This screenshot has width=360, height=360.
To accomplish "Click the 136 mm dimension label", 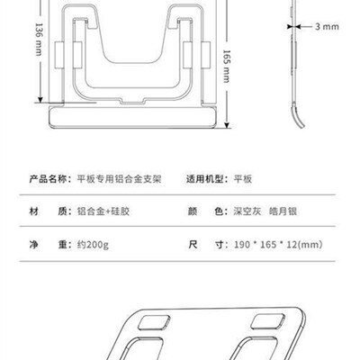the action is pyautogui.click(x=39, y=39).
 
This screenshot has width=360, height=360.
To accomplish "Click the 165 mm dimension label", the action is pyautogui.click(x=227, y=67).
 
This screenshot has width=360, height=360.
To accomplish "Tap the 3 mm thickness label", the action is pyautogui.click(x=327, y=27).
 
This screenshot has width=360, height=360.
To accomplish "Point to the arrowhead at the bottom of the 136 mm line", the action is pyautogui.click(x=40, y=100).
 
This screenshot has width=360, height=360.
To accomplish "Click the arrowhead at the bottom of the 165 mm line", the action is pyautogui.click(x=227, y=125).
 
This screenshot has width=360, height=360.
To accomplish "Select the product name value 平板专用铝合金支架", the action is pyautogui.click(x=120, y=179).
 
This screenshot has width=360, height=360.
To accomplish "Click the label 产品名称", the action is pyautogui.click(x=49, y=179).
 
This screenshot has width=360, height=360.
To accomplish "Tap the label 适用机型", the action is pyautogui.click(x=205, y=179).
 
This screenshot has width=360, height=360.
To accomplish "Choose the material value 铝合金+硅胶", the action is pyautogui.click(x=103, y=211).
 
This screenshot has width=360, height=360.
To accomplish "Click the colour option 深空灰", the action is pyautogui.click(x=247, y=211).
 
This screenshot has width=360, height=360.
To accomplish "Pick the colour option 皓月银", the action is pyautogui.click(x=283, y=211).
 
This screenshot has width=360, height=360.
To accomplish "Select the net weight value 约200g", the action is pyautogui.click(x=93, y=245).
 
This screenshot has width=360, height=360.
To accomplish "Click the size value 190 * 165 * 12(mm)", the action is pyautogui.click(x=278, y=245).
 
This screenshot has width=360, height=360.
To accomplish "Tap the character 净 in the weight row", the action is pyautogui.click(x=33, y=245).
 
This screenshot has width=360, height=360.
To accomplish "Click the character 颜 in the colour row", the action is pyautogui.click(x=193, y=211).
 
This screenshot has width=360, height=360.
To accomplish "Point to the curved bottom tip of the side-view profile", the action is pyautogui.click(x=301, y=126).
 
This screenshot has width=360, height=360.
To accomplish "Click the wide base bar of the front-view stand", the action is pyautogui.click(x=133, y=117).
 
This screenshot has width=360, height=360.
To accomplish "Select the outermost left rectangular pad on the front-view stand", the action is pyautogui.click(x=58, y=55).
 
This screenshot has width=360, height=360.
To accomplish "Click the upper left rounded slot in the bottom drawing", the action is pyautogui.click(x=154, y=323).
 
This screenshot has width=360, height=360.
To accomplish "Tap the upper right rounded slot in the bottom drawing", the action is pyautogui.click(x=267, y=321).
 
